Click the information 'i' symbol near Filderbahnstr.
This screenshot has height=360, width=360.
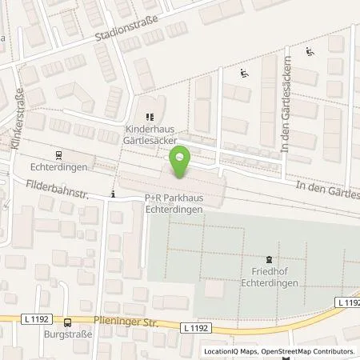click(114, 194)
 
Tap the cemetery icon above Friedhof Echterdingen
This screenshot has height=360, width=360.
click(268, 258)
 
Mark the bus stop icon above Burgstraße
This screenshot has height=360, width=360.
click(68, 322)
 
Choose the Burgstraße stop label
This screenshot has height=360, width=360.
click(63, 336)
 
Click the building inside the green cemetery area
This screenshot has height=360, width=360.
click(215, 287)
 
